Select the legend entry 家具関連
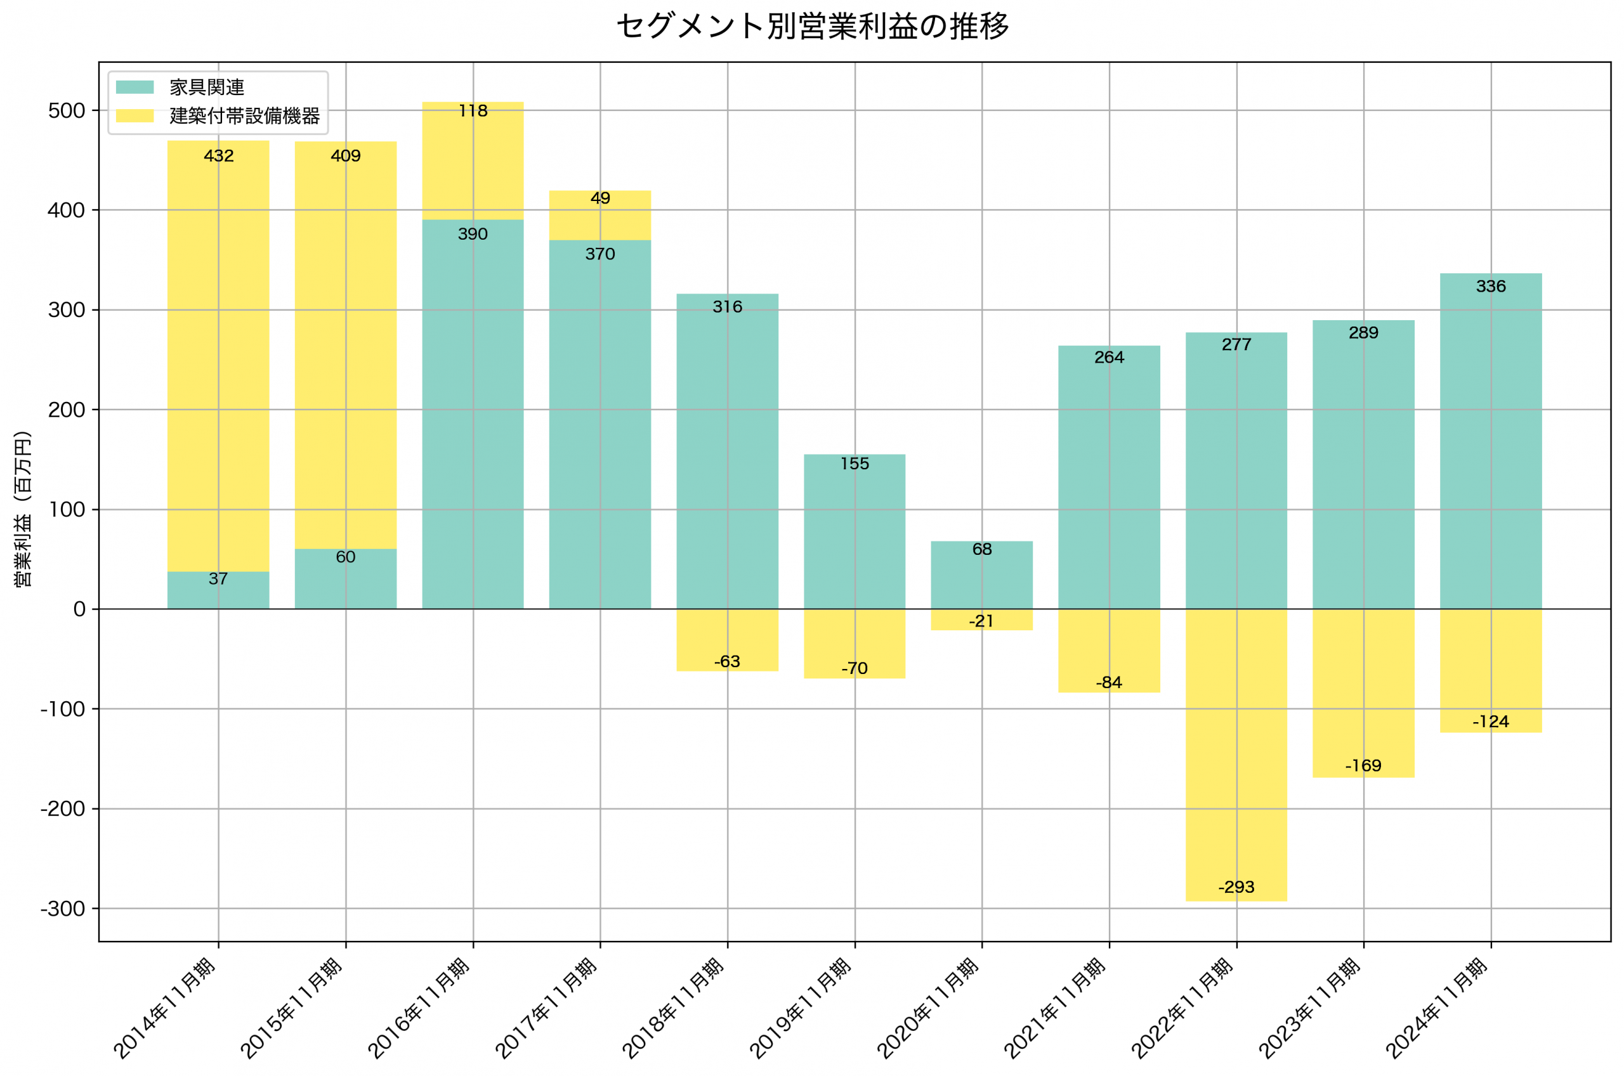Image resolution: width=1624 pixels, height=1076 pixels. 207,87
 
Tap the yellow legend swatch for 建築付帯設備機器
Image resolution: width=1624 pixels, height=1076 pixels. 134,115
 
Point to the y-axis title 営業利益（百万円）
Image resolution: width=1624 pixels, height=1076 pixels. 23,509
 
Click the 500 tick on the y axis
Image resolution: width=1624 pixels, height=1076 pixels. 66,111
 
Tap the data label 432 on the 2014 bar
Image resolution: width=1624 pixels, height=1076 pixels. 218,156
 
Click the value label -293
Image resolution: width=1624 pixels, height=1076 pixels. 1236,887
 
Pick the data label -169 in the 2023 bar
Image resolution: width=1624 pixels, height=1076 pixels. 1363,766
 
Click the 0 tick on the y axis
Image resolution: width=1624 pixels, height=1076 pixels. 79,609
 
